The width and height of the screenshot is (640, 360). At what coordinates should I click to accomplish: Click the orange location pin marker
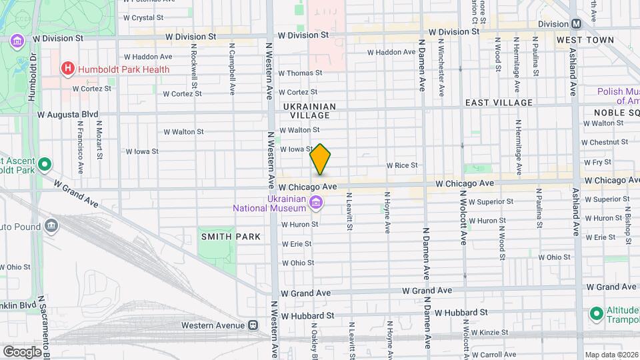(x=321, y=159)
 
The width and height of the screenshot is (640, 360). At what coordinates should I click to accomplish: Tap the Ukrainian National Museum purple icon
(x=317, y=202)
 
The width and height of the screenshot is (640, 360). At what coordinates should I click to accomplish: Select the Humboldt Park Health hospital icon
(x=67, y=69)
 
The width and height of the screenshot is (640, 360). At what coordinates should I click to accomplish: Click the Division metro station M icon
(x=576, y=23)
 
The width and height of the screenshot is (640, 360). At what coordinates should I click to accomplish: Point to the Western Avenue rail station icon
(x=253, y=325)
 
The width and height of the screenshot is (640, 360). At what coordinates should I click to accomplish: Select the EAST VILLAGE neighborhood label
(x=499, y=103)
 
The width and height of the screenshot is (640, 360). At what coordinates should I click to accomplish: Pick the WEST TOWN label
(x=585, y=41)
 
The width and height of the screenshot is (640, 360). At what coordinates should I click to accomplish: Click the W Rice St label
(x=401, y=165)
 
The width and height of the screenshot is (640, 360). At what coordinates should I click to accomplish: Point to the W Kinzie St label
(x=490, y=332)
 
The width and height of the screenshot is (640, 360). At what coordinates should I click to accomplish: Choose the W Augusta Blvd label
(x=68, y=115)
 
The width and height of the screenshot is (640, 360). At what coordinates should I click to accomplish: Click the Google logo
(x=21, y=351)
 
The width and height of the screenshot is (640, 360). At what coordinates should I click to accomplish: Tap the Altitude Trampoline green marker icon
(x=596, y=313)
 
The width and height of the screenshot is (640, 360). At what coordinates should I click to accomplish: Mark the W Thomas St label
(x=300, y=73)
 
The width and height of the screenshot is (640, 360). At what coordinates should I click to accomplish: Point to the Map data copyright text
(x=611, y=355)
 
